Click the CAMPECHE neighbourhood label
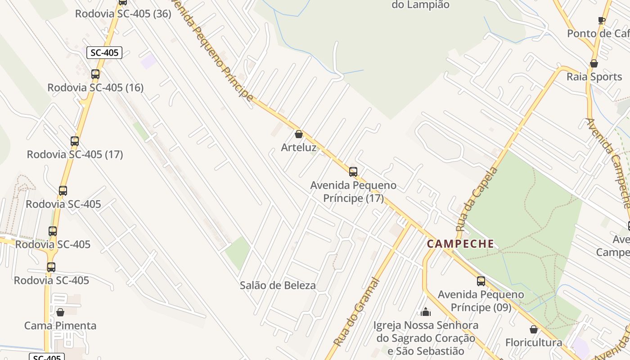[x=460, y=244]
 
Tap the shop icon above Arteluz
[x=298, y=134]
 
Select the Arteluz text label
[x=298, y=148]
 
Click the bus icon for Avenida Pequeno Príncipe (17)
[x=353, y=171]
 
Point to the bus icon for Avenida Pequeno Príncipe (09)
[x=481, y=281]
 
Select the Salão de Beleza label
[x=278, y=285]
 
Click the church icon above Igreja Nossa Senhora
[x=426, y=311]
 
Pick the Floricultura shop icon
[x=534, y=329]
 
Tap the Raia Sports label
[x=594, y=76]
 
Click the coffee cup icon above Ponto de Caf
[x=602, y=20]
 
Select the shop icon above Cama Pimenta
[x=60, y=312]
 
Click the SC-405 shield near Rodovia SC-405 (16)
[x=104, y=53]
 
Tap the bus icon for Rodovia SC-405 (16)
[x=95, y=74]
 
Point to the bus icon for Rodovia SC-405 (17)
[x=75, y=141]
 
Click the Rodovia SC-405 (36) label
[x=123, y=13]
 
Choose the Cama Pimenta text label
[x=60, y=325]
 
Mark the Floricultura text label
[x=534, y=342]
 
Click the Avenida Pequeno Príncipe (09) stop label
[x=481, y=301]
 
